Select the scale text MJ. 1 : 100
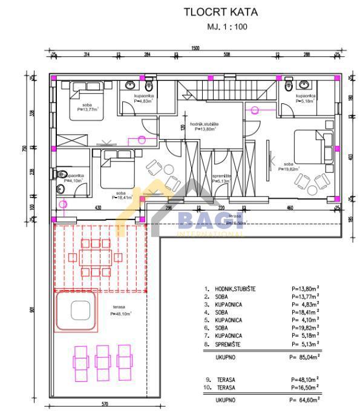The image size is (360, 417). pyautogui.click(x=227, y=27)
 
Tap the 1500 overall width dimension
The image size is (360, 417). pyautogui.click(x=195, y=48)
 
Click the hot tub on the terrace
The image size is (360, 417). pyautogui.click(x=77, y=311)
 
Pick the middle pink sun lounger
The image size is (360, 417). pyautogui.click(x=103, y=361)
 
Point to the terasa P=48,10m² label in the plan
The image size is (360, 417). pyautogui.click(x=121, y=311)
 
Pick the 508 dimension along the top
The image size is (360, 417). pyautogui.click(x=226, y=55)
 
